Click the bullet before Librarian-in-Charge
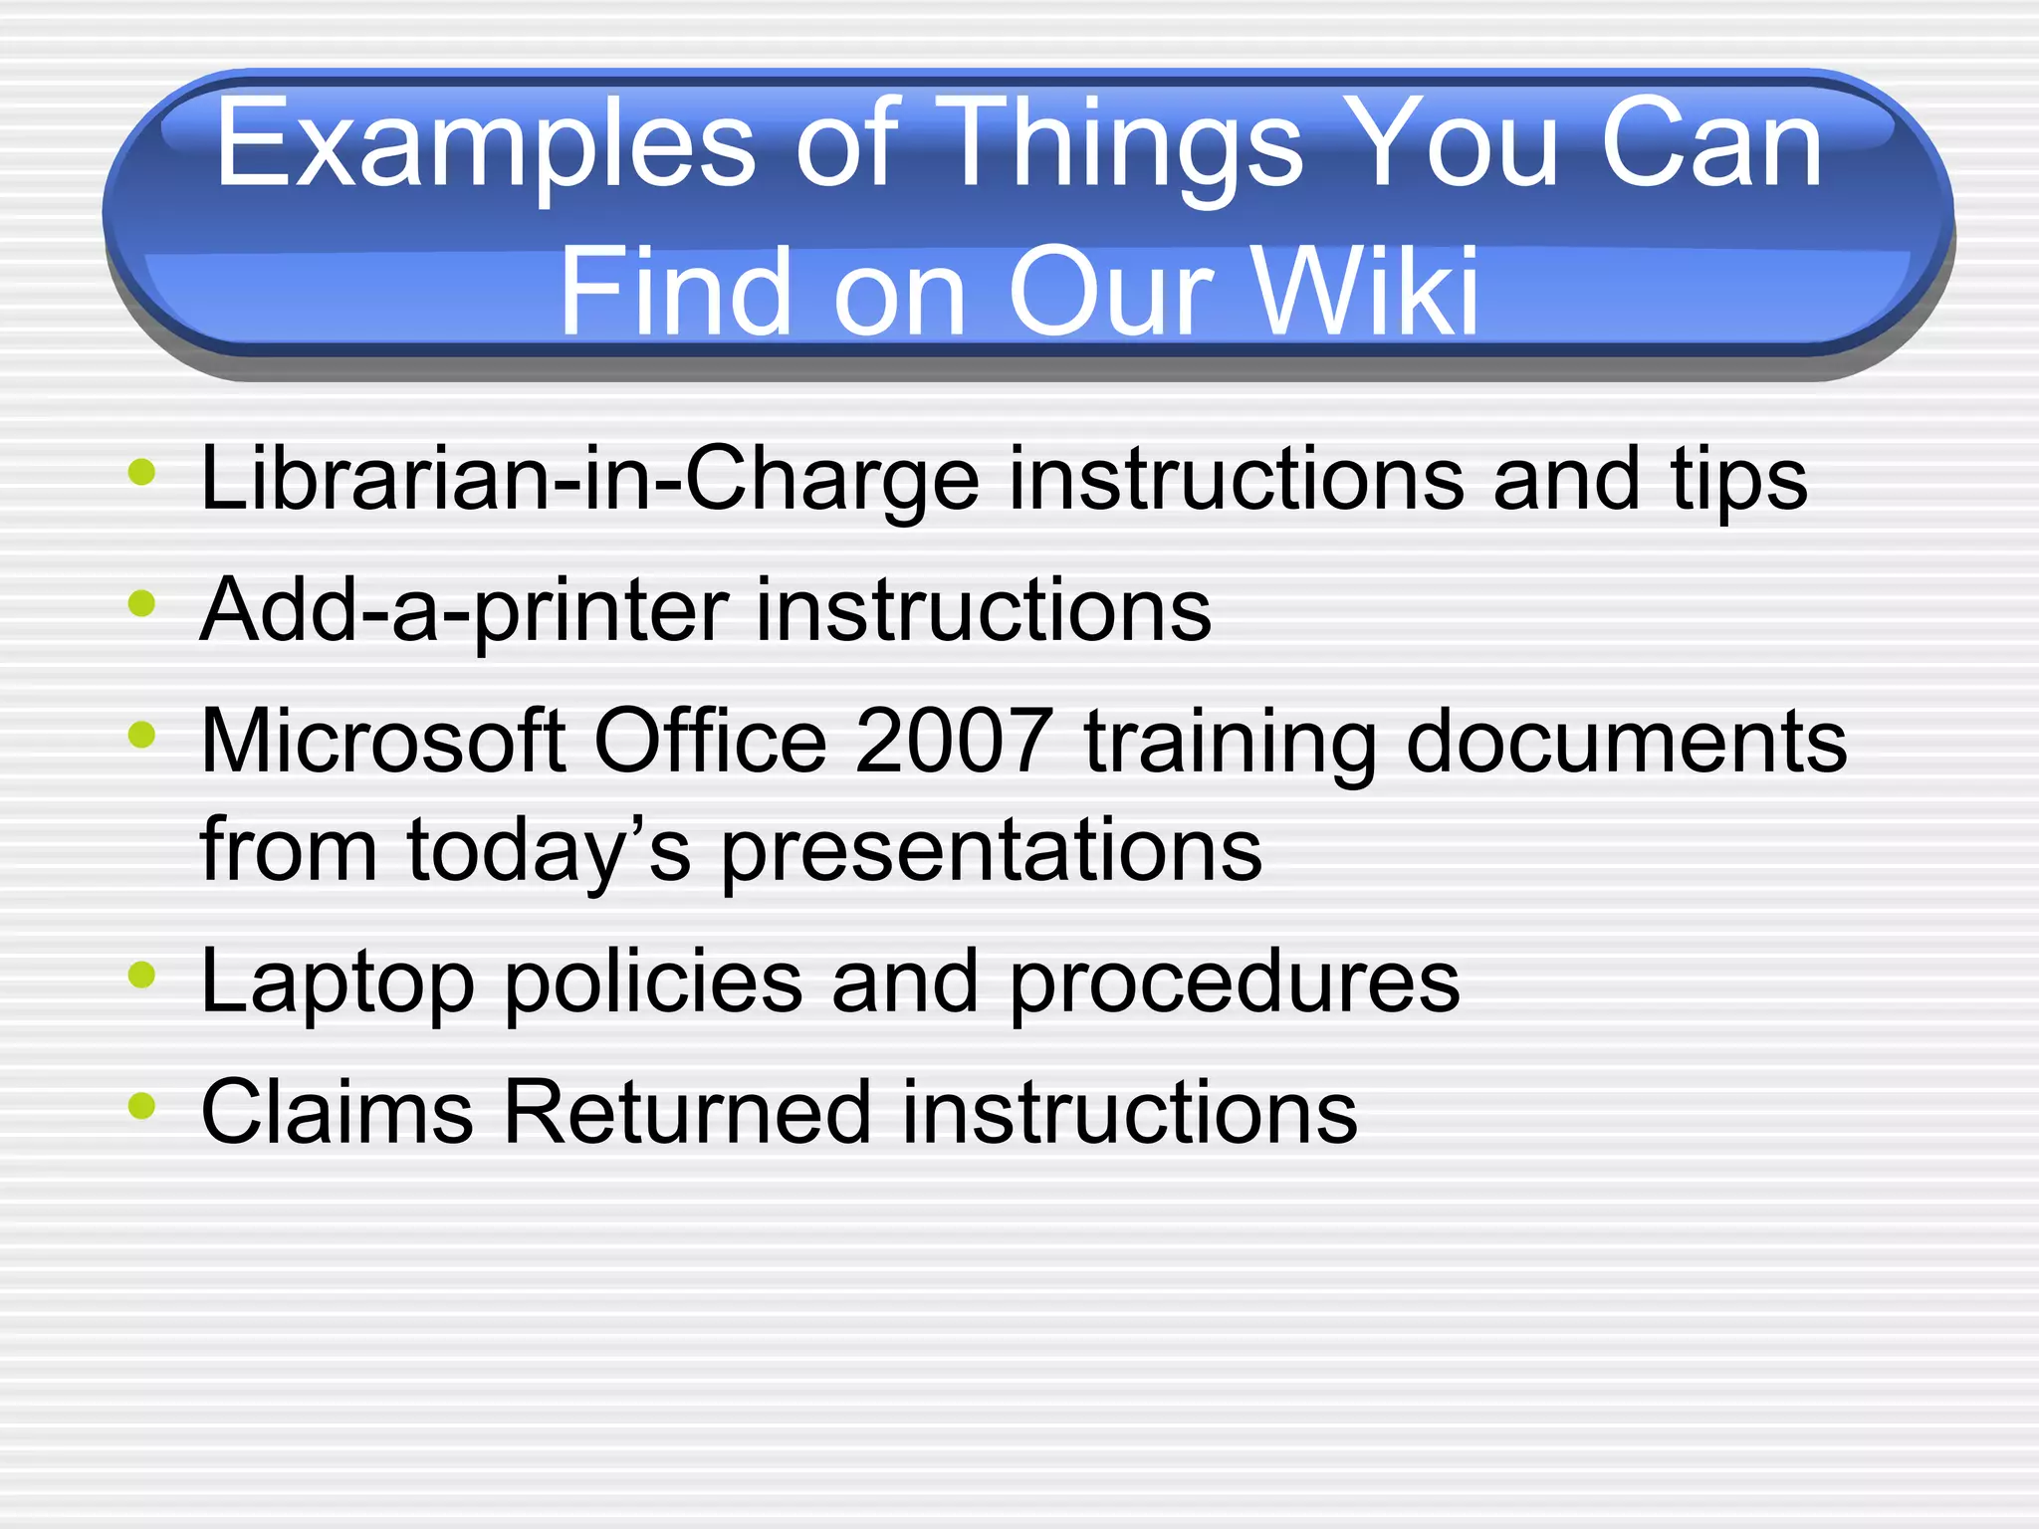142,472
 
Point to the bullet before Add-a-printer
142,603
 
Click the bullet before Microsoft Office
142,735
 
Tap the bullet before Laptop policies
142,976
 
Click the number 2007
954,742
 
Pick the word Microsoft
383,742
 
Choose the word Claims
338,1113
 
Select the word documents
1626,742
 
